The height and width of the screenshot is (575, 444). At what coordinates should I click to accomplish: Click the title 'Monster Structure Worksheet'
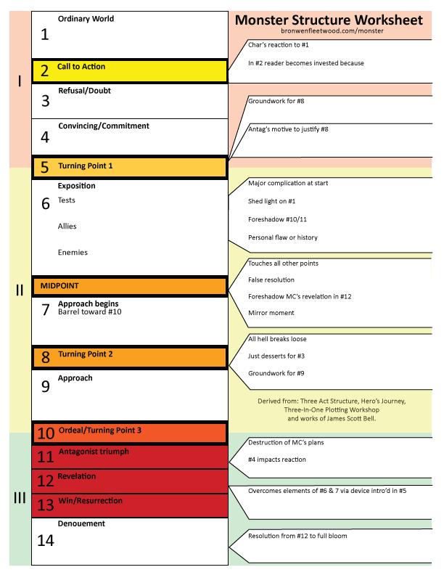(329, 20)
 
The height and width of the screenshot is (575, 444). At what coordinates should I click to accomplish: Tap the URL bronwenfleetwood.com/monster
(332, 30)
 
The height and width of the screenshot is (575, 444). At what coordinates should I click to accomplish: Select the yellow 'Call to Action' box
(130, 70)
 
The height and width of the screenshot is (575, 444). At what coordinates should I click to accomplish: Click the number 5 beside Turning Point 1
(45, 168)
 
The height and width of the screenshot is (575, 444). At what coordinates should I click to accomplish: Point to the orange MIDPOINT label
(59, 286)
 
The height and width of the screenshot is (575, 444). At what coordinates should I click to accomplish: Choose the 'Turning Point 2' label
(86, 354)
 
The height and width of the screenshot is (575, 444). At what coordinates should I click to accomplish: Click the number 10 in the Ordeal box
(46, 433)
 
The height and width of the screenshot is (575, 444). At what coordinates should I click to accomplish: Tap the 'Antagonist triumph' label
(94, 452)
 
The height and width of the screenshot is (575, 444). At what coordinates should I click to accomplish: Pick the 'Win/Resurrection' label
(90, 501)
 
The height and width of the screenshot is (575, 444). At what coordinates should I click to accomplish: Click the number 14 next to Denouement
(46, 540)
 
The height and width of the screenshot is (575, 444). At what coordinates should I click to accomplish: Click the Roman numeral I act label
(20, 81)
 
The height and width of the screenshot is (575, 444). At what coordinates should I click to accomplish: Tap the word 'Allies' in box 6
(67, 227)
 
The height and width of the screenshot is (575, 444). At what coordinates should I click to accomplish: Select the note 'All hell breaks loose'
(276, 339)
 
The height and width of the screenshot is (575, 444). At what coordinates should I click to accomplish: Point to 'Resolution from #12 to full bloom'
(297, 536)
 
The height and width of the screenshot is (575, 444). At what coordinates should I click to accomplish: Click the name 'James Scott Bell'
(348, 419)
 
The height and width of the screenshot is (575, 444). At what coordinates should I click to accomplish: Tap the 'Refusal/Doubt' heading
(84, 91)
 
